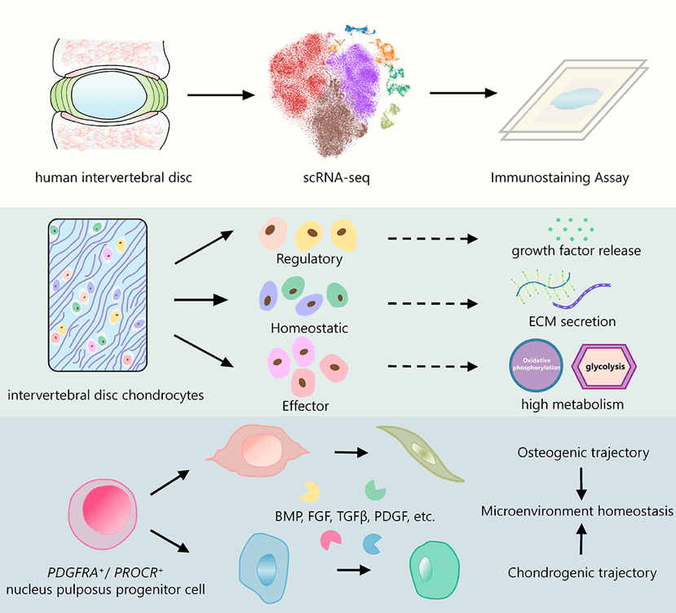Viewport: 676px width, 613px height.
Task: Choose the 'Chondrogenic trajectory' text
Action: point(582,572)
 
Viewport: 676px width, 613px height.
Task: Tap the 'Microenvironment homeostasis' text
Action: point(577,511)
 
